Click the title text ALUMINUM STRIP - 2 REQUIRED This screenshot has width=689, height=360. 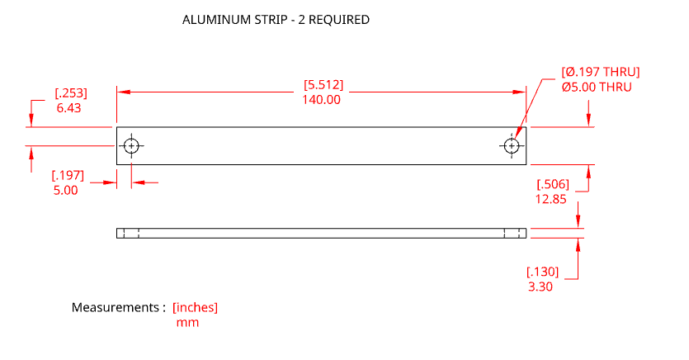(x=276, y=20)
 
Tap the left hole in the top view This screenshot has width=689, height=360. (x=131, y=146)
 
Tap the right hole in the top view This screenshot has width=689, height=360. (x=512, y=146)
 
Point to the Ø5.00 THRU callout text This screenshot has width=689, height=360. (x=596, y=87)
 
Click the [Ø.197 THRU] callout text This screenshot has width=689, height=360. (x=600, y=72)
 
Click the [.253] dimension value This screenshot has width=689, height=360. (x=70, y=92)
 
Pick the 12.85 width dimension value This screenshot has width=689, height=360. (x=551, y=199)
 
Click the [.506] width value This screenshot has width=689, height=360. (x=553, y=184)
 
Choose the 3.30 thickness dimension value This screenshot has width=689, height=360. (x=540, y=287)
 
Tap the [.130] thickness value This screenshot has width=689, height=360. (x=542, y=272)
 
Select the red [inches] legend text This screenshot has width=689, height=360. (x=195, y=308)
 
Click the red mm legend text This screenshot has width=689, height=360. (x=187, y=323)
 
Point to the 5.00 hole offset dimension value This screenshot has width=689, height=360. (x=65, y=190)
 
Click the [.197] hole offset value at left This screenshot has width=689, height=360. (x=68, y=175)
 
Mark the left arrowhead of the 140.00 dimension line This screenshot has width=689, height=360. (x=121, y=92)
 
